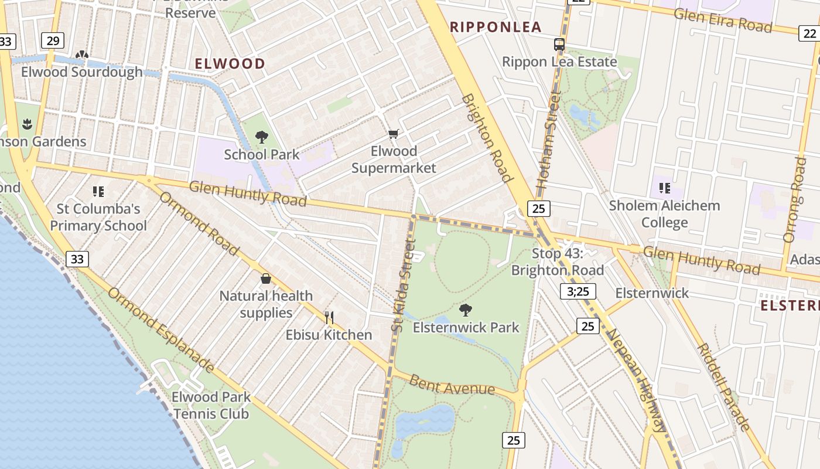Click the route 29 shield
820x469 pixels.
[x=53, y=40]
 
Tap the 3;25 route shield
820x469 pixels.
[x=578, y=291]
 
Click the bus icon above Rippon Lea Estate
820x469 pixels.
[x=559, y=44]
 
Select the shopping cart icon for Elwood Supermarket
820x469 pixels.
[x=394, y=134]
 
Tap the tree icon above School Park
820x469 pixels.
[x=262, y=138]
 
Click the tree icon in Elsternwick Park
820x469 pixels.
[x=466, y=310]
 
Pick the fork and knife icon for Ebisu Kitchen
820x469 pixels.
[x=329, y=318]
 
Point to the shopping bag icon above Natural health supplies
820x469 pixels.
[x=266, y=278]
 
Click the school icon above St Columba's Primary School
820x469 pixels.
[x=98, y=191]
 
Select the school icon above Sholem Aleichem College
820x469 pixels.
[x=664, y=188]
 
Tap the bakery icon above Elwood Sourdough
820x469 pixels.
[x=82, y=55]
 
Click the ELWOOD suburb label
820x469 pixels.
[x=230, y=63]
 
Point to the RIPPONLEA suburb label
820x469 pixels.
[x=495, y=27]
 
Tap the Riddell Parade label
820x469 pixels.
[x=723, y=387]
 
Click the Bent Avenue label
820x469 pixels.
[x=452, y=385]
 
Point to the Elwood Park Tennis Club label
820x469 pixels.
[x=211, y=405]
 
